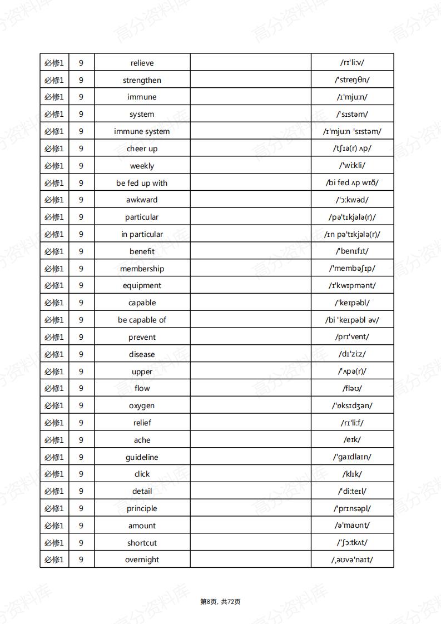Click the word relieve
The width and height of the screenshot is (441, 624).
click(x=142, y=63)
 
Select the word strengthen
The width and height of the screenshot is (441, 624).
click(x=142, y=80)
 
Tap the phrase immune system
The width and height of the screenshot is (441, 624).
click(x=142, y=131)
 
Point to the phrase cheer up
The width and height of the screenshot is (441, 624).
click(x=142, y=148)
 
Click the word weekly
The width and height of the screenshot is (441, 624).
click(x=142, y=166)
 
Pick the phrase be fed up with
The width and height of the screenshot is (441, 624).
click(x=142, y=183)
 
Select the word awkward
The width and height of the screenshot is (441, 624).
click(x=142, y=200)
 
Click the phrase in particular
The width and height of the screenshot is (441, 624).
click(x=142, y=234)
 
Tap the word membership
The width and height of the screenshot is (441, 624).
click(x=142, y=269)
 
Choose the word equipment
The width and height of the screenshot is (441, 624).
click(x=142, y=285)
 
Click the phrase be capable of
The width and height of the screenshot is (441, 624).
click(x=142, y=320)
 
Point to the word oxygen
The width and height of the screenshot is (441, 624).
click(x=142, y=405)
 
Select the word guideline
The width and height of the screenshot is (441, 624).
click(x=142, y=457)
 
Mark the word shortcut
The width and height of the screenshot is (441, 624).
click(x=142, y=543)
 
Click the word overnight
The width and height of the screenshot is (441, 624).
click(x=142, y=559)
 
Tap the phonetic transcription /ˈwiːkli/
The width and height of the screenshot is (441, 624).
click(x=352, y=166)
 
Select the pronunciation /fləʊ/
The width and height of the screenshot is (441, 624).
click(x=352, y=388)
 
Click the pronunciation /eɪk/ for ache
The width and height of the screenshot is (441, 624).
click(x=352, y=440)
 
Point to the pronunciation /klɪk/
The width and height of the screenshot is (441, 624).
click(x=352, y=474)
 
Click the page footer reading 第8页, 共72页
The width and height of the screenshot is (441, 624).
click(x=220, y=601)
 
